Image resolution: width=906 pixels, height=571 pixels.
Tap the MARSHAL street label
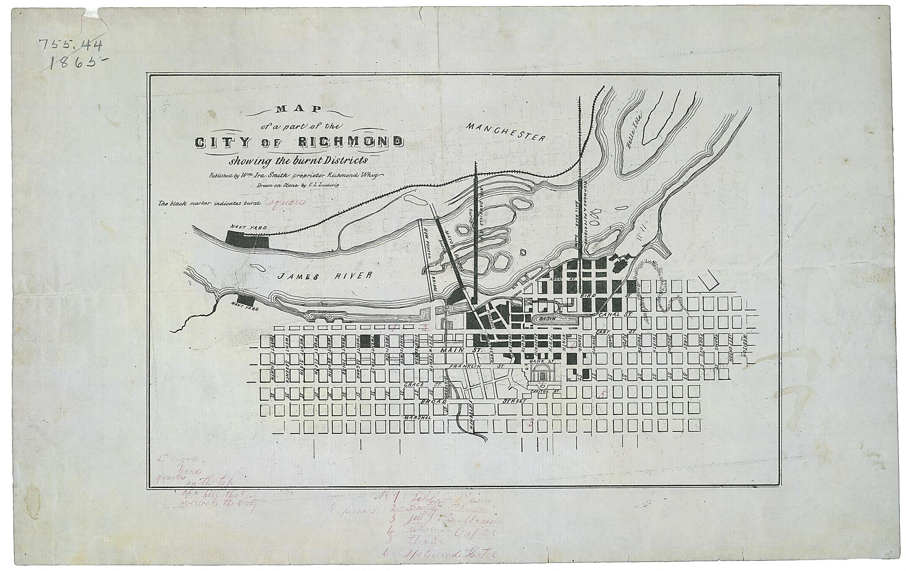[x=418, y=417]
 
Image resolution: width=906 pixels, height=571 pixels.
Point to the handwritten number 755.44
[x=71, y=44]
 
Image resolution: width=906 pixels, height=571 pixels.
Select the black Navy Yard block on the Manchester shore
[x=247, y=239]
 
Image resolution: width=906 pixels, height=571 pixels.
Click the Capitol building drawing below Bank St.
[x=541, y=376]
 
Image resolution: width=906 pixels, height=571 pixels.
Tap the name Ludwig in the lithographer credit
[x=328, y=185]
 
